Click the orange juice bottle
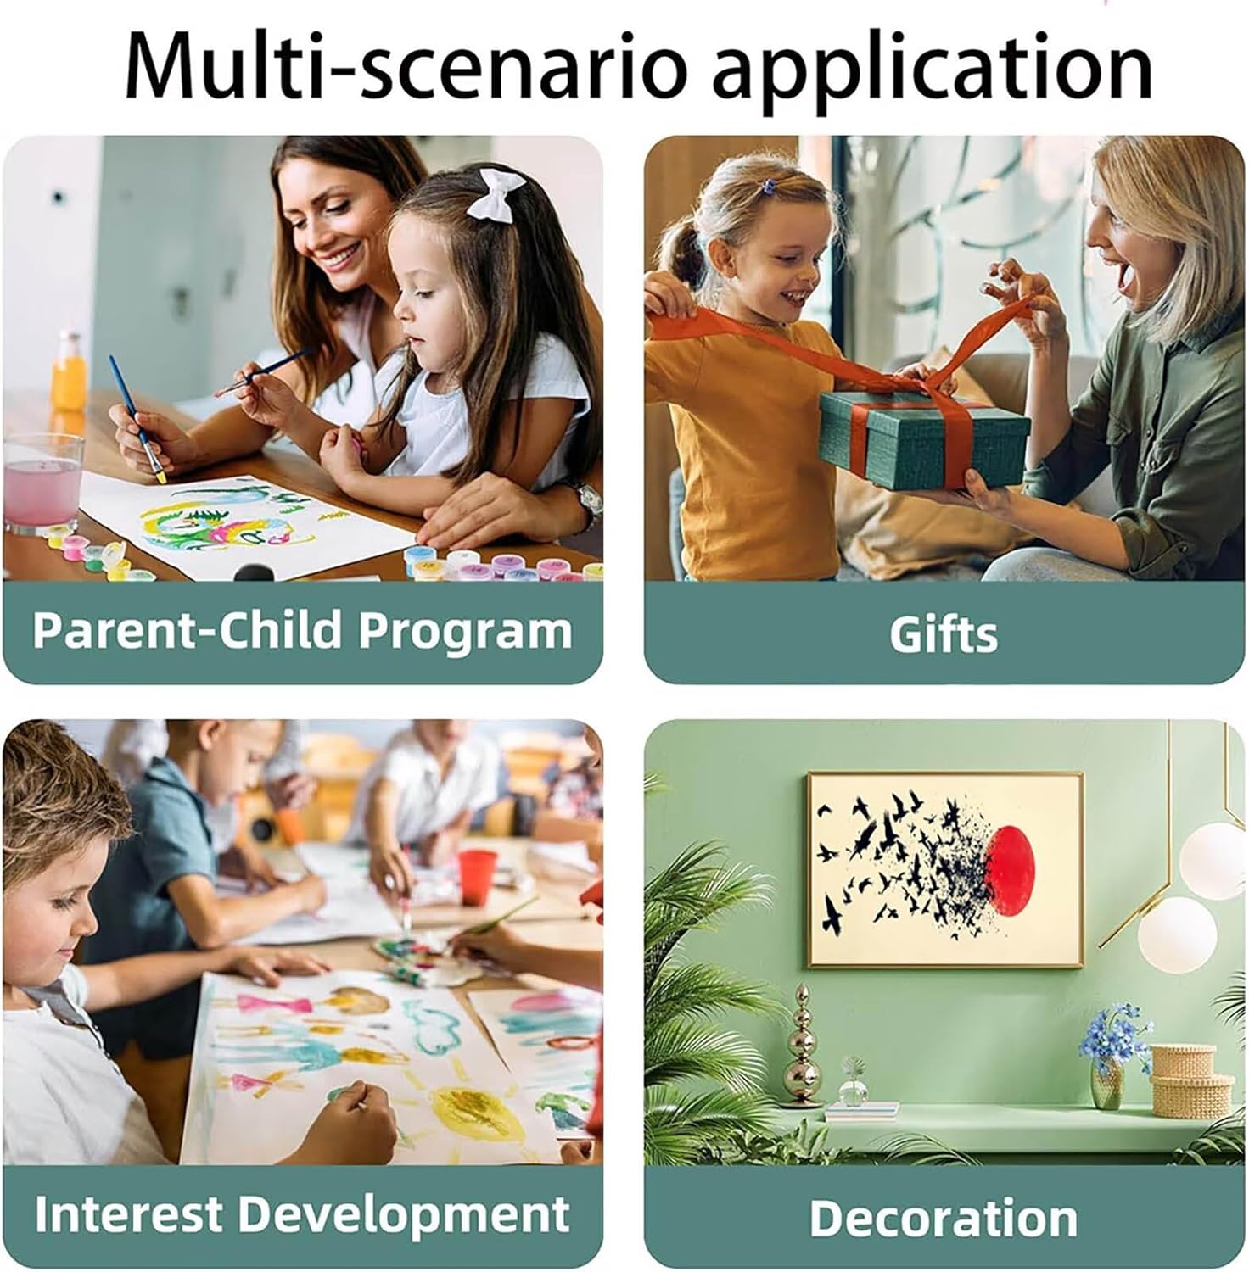point(68,373)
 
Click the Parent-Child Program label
point(302,630)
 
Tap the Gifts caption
point(944,634)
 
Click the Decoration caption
point(944,1218)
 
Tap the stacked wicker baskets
point(1191,1080)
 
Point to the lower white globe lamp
point(1177,934)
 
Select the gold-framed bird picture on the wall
point(945,869)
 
